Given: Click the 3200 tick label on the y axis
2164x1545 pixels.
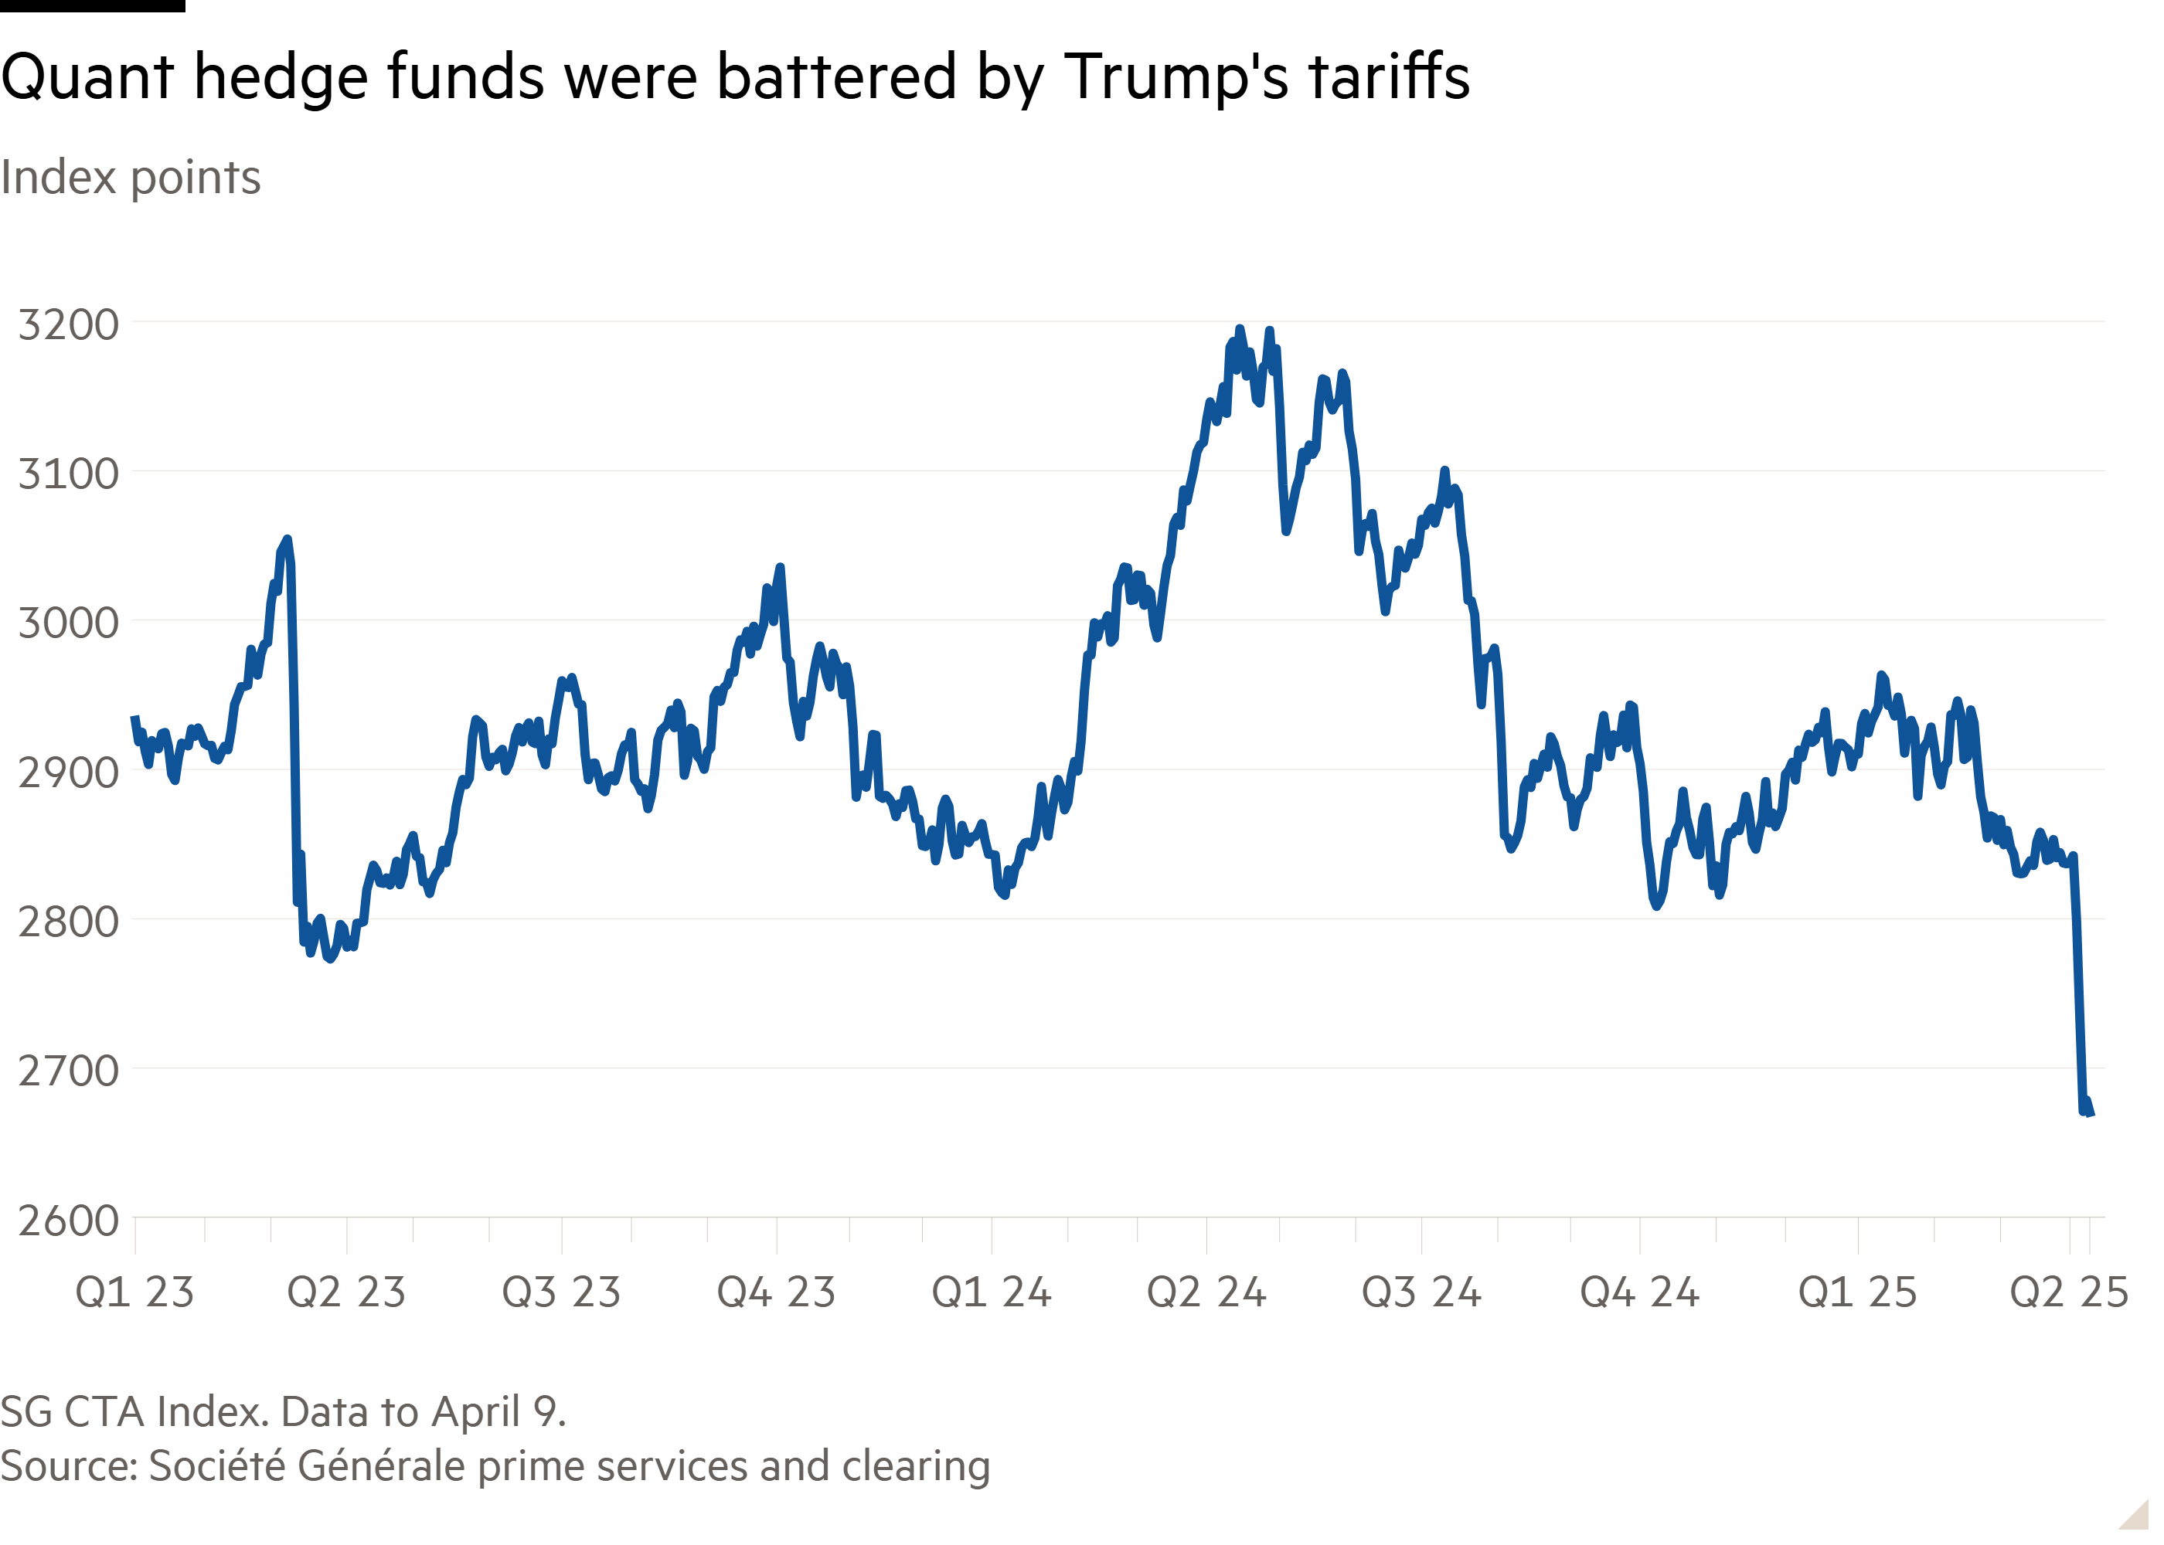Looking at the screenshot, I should pos(69,325).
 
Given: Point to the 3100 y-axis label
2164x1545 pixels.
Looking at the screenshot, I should pos(69,474).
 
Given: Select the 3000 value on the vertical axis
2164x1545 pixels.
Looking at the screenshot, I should pos(69,623).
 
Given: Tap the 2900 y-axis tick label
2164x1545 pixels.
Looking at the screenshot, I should pos(69,772).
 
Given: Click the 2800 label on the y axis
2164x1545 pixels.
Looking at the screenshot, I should pos(69,922).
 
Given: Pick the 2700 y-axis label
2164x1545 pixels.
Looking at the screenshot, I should pos(69,1071).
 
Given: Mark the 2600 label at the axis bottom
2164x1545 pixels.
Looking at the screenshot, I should pos(69,1221).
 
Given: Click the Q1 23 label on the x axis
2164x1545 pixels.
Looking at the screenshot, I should pos(134,1292).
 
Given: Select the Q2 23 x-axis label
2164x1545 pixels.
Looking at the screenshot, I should pos(346,1292).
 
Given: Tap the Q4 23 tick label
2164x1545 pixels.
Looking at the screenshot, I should pos(777,1292).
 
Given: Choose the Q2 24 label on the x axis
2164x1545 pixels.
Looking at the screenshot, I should pos(1206,1292).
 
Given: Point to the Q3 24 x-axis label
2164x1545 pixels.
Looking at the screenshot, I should pos(1422,1292).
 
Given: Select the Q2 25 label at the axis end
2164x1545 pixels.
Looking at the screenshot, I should pos(2069,1292).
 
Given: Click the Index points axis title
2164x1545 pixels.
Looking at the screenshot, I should pos(131,178).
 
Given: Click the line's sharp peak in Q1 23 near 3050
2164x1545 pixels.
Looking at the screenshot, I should pos(287,539).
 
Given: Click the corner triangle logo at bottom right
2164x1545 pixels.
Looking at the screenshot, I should pos(2134,1515).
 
